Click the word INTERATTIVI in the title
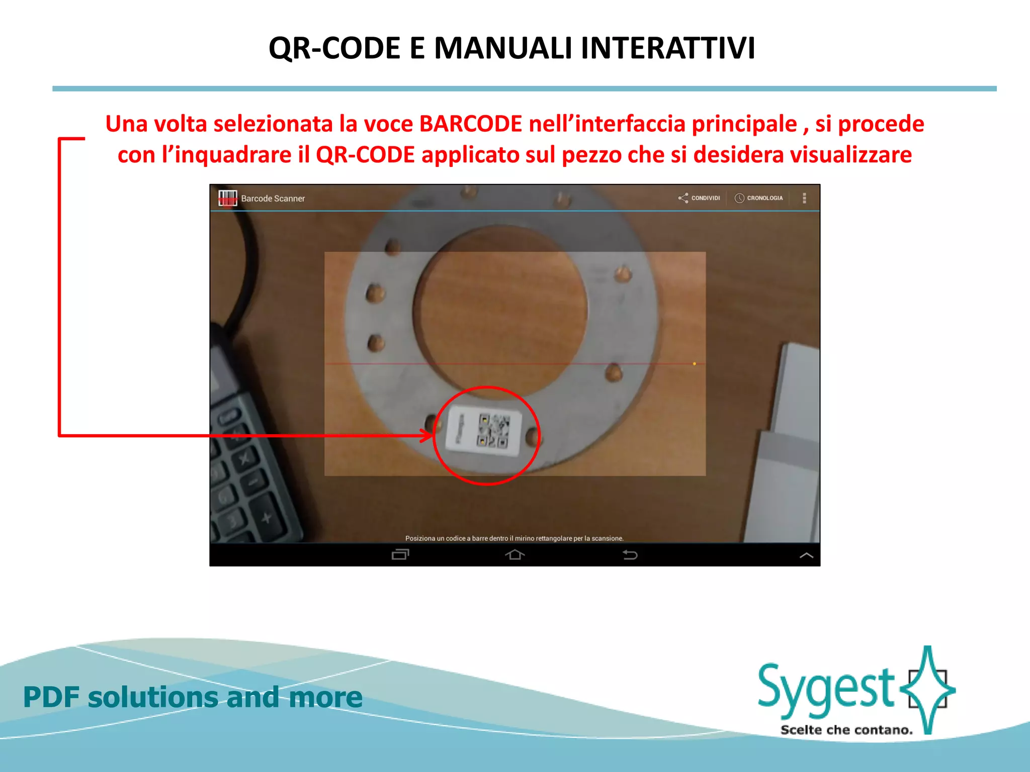pyautogui.click(x=668, y=48)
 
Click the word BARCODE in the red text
pyautogui.click(x=471, y=124)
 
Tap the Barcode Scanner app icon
pyautogui.click(x=227, y=198)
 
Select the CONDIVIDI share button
pyautogui.click(x=699, y=198)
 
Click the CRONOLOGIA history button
pyautogui.click(x=759, y=198)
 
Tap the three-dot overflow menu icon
pyautogui.click(x=804, y=198)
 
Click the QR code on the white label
pyautogui.click(x=493, y=430)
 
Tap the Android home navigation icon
pyautogui.click(x=514, y=554)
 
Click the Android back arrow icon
pyautogui.click(x=630, y=554)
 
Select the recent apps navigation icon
pyautogui.click(x=400, y=554)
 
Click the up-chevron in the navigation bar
pyautogui.click(x=806, y=555)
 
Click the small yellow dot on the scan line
pyautogui.click(x=695, y=363)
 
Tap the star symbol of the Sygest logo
pyautogui.click(x=928, y=689)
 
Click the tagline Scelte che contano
pyautogui.click(x=846, y=730)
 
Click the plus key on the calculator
pyautogui.click(x=266, y=517)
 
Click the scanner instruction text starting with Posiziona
pyautogui.click(x=514, y=538)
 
